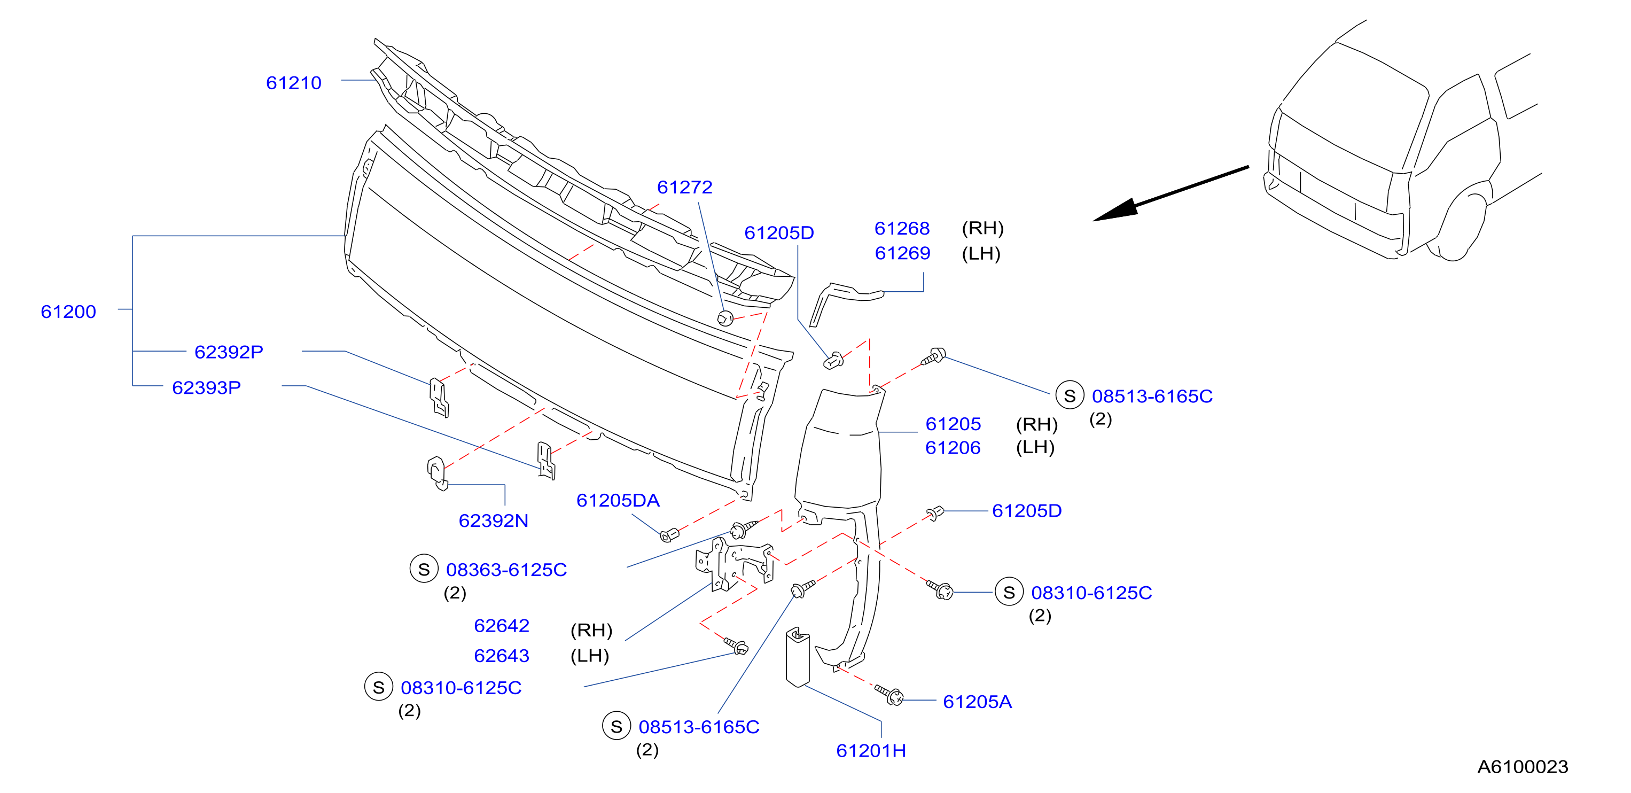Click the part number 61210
click(x=293, y=83)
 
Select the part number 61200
click(x=68, y=312)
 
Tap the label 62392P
click(x=229, y=352)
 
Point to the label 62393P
click(x=206, y=387)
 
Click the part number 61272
click(x=684, y=188)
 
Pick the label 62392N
click(x=493, y=520)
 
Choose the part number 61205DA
click(x=618, y=500)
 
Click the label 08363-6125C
click(x=506, y=570)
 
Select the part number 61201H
click(x=871, y=751)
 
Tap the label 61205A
click(x=977, y=702)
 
